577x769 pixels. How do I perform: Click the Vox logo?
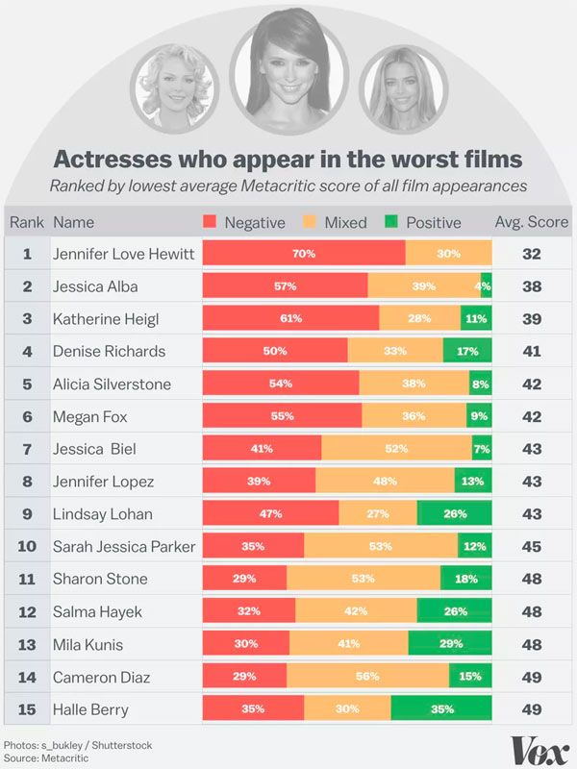(540, 749)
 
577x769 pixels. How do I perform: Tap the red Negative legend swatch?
(212, 222)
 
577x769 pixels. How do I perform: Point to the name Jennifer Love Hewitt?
(124, 254)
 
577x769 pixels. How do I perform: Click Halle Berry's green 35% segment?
(441, 709)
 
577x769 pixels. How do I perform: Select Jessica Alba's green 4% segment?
(486, 286)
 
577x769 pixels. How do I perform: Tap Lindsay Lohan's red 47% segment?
(270, 514)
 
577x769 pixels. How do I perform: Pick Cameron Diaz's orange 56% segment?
(367, 677)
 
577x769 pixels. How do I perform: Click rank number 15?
(28, 709)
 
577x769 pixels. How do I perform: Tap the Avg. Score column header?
(531, 222)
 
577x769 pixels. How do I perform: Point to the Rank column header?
(27, 222)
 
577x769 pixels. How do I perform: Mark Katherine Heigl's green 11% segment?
(476, 319)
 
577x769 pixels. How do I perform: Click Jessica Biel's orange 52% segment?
(396, 449)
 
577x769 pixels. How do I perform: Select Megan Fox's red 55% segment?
(282, 416)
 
